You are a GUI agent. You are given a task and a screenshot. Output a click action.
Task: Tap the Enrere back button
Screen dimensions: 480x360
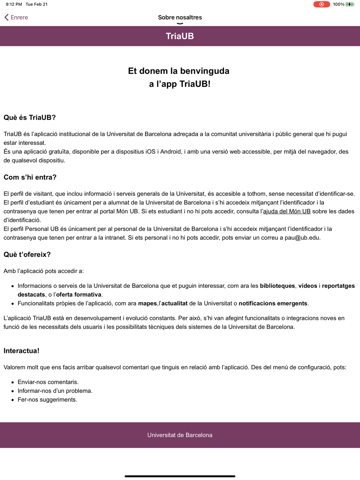(16, 17)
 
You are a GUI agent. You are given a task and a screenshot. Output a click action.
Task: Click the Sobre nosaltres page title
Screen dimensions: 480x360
(180, 17)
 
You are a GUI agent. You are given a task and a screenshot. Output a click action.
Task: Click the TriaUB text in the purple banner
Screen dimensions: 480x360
(180, 36)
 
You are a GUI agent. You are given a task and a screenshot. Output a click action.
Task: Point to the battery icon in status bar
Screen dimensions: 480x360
(350, 4)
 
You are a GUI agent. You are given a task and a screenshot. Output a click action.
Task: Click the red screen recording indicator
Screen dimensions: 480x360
(321, 4)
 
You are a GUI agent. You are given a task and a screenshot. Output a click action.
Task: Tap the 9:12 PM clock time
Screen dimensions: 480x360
(14, 4)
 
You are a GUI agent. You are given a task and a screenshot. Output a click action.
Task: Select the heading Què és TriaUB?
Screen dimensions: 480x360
(30, 118)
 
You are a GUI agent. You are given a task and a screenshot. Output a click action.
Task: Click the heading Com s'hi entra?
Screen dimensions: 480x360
(30, 177)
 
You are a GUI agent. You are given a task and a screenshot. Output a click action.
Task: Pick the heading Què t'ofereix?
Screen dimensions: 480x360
(27, 255)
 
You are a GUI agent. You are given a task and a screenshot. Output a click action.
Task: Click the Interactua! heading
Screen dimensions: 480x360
(21, 351)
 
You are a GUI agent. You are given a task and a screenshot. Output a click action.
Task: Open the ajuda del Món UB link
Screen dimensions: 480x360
(287, 211)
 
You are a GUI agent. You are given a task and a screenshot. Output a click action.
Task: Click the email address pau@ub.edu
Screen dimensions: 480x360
(302, 237)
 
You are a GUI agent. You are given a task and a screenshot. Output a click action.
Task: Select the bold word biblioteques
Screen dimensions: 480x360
(277, 286)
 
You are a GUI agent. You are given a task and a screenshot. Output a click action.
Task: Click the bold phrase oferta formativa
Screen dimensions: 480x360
(79, 294)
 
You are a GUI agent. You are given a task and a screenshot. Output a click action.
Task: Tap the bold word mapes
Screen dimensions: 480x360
(147, 303)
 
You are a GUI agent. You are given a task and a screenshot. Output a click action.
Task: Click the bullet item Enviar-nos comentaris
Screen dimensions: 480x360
(48, 382)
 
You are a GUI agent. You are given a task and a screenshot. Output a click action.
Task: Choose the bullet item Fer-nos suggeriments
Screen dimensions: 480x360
(47, 400)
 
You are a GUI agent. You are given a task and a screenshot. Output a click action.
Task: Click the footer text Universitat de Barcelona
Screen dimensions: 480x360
(180, 435)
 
